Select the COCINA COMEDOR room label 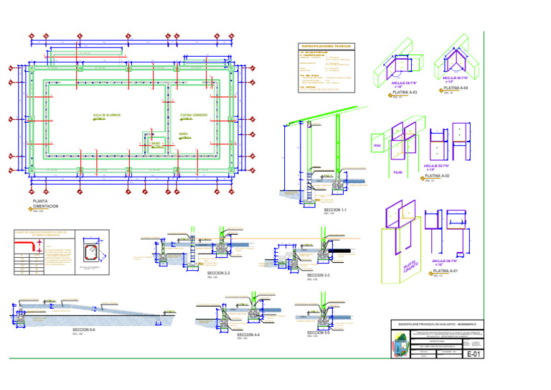(x=194, y=114)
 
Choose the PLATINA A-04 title (x=456, y=88)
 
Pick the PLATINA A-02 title (x=438, y=175)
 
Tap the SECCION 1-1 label (x=336, y=210)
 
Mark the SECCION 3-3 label (x=318, y=274)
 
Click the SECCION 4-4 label (x=248, y=335)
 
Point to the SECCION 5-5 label (x=318, y=333)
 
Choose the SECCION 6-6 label (x=83, y=329)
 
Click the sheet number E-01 (x=474, y=353)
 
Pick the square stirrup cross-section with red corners (x=92, y=253)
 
